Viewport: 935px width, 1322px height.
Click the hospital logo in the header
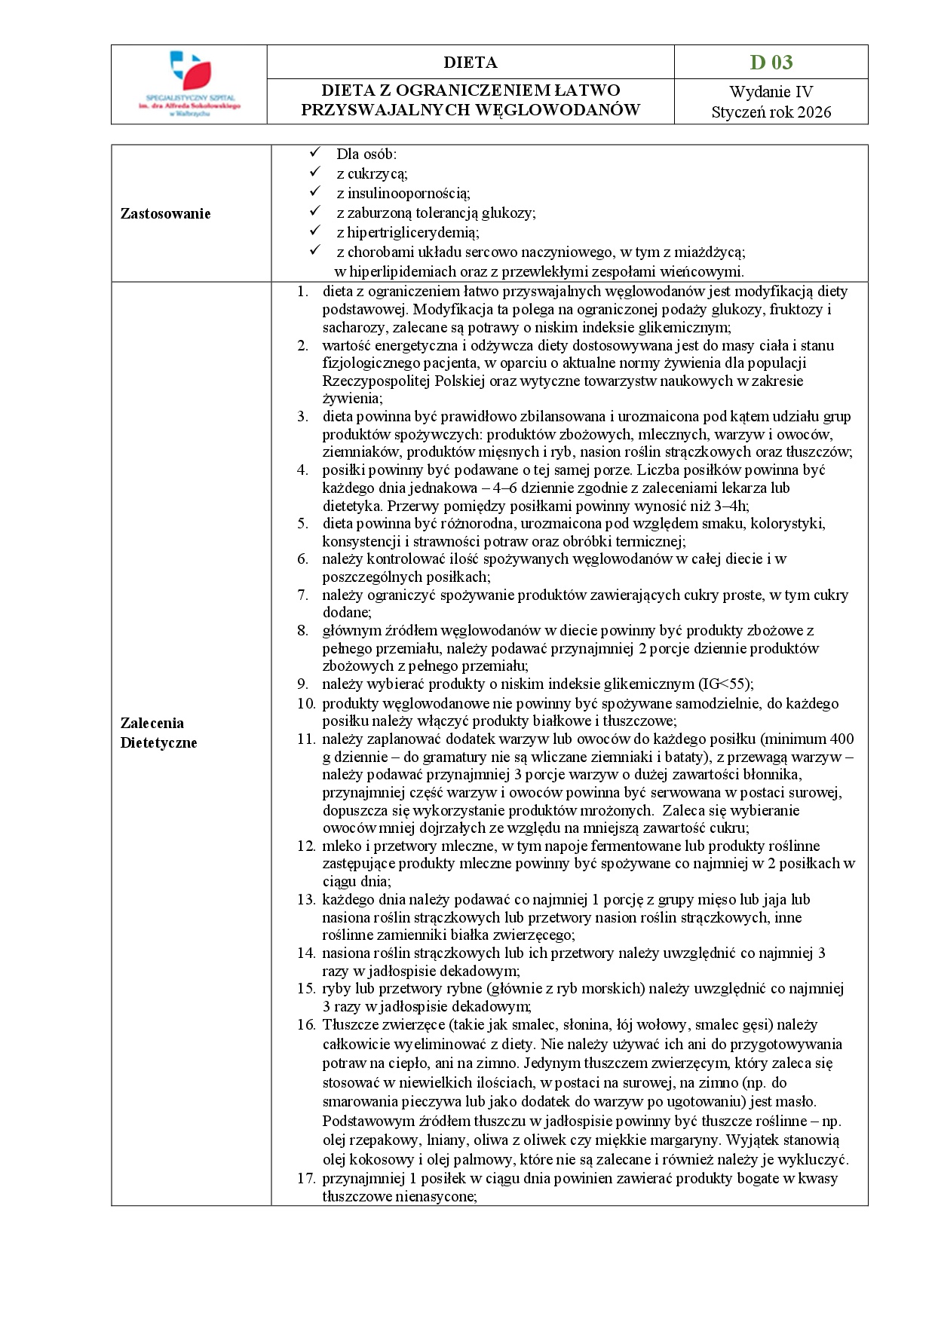(x=189, y=84)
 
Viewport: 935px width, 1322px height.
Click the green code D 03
(x=771, y=62)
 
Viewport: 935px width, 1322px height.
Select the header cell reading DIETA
(x=470, y=62)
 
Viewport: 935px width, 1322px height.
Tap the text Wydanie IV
(x=771, y=92)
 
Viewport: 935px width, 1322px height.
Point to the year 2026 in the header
(x=814, y=112)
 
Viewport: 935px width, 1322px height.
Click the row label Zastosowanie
(x=165, y=213)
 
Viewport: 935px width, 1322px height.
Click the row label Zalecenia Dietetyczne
(x=158, y=733)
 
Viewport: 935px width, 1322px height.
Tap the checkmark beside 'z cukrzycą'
(x=315, y=173)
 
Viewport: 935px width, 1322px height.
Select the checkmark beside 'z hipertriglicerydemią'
(x=315, y=231)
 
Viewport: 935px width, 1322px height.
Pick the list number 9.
(x=302, y=684)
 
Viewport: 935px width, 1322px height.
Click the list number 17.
(x=305, y=1178)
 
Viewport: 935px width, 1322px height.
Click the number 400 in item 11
(x=841, y=739)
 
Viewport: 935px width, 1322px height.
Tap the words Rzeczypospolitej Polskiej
(x=403, y=381)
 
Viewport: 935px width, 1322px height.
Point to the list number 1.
(x=302, y=292)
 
